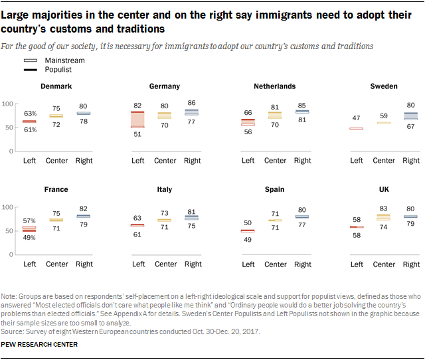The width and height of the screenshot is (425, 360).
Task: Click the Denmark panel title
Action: [56, 86]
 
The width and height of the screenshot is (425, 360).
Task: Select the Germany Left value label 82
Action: [138, 106]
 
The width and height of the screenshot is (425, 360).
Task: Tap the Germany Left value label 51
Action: [138, 134]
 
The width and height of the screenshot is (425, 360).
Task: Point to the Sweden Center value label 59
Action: [384, 116]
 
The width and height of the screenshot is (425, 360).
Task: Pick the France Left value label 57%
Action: [29, 220]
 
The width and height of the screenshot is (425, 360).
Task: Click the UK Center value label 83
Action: [384, 209]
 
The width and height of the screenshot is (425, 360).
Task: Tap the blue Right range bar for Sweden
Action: [411, 116]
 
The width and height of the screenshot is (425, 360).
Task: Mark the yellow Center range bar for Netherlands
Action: [275, 115]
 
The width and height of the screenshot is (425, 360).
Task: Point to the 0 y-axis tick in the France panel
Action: [12, 254]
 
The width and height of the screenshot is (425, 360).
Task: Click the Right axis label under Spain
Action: [302, 264]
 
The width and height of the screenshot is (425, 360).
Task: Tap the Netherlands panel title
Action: [274, 86]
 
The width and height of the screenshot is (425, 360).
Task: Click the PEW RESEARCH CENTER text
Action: [40, 344]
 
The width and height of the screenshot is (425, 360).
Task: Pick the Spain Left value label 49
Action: [248, 240]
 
